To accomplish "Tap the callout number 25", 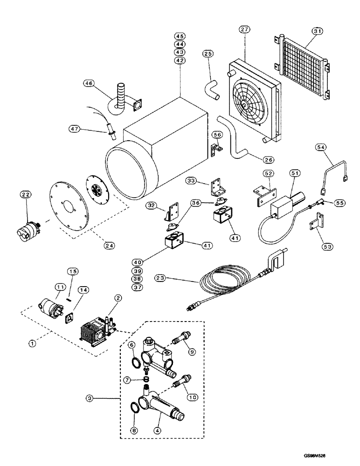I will [x=208, y=54].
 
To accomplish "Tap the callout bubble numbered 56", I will [x=216, y=135].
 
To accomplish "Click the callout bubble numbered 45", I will [x=180, y=36].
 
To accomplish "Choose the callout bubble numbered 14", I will [x=84, y=302].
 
